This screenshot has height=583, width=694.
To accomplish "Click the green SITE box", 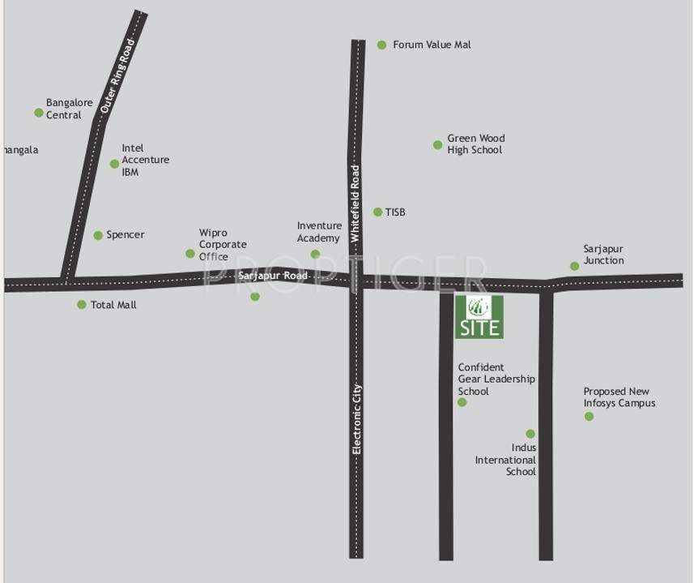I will (x=479, y=317).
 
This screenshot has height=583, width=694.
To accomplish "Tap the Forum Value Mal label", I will (x=432, y=45).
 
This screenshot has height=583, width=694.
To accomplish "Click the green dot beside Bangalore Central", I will (x=39, y=113).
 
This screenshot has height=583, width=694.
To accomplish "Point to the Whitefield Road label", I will (x=355, y=203).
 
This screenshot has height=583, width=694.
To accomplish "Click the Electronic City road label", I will (x=356, y=418).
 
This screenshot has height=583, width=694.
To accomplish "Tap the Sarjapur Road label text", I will (x=273, y=276).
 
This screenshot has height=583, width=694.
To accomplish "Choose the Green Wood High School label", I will (x=475, y=144).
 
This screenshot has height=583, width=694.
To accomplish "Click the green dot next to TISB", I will (x=377, y=212).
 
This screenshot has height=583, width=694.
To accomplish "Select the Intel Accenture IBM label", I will (x=145, y=160).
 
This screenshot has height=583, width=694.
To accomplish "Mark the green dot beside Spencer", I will (x=98, y=235).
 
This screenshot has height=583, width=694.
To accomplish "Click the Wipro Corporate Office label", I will (x=223, y=244).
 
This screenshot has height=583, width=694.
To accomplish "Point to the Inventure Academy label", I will (x=318, y=232).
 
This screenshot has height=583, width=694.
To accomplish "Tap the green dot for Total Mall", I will (x=82, y=305).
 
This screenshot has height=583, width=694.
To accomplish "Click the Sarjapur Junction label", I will (x=603, y=255).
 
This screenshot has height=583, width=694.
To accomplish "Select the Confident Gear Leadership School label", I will (x=496, y=379).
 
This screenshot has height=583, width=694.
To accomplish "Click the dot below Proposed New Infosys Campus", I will (x=589, y=417).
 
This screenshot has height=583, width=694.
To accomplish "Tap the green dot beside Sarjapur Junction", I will (x=574, y=266).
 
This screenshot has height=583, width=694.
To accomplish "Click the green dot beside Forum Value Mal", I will (x=381, y=45).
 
